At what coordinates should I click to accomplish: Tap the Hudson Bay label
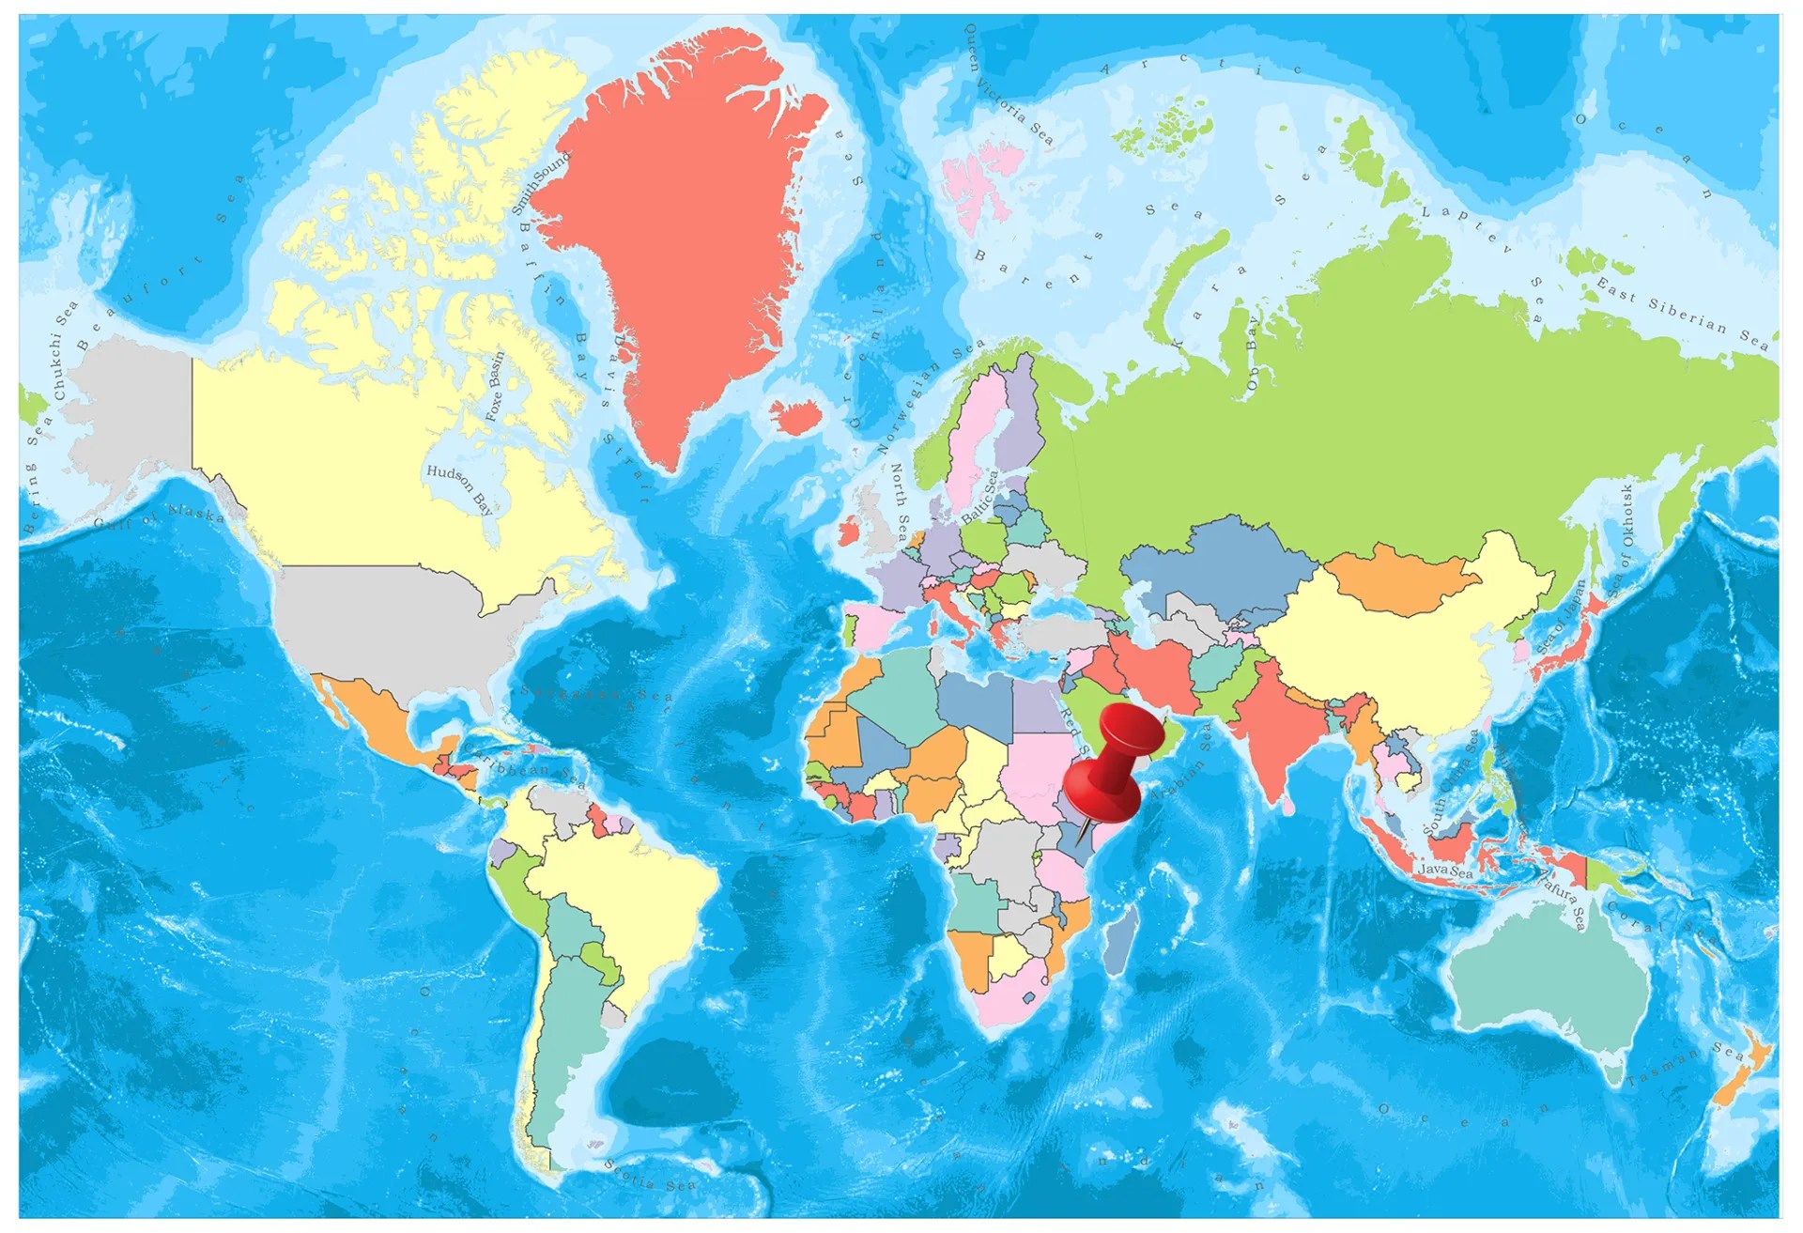click(x=459, y=488)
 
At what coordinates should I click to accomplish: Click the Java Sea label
click(x=1445, y=871)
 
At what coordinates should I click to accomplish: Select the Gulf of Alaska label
click(x=160, y=517)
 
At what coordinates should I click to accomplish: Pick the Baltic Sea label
click(x=981, y=497)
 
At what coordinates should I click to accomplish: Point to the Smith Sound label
click(x=540, y=184)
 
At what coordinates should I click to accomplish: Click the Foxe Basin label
click(x=494, y=385)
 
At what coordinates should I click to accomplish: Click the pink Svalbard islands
click(x=981, y=183)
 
